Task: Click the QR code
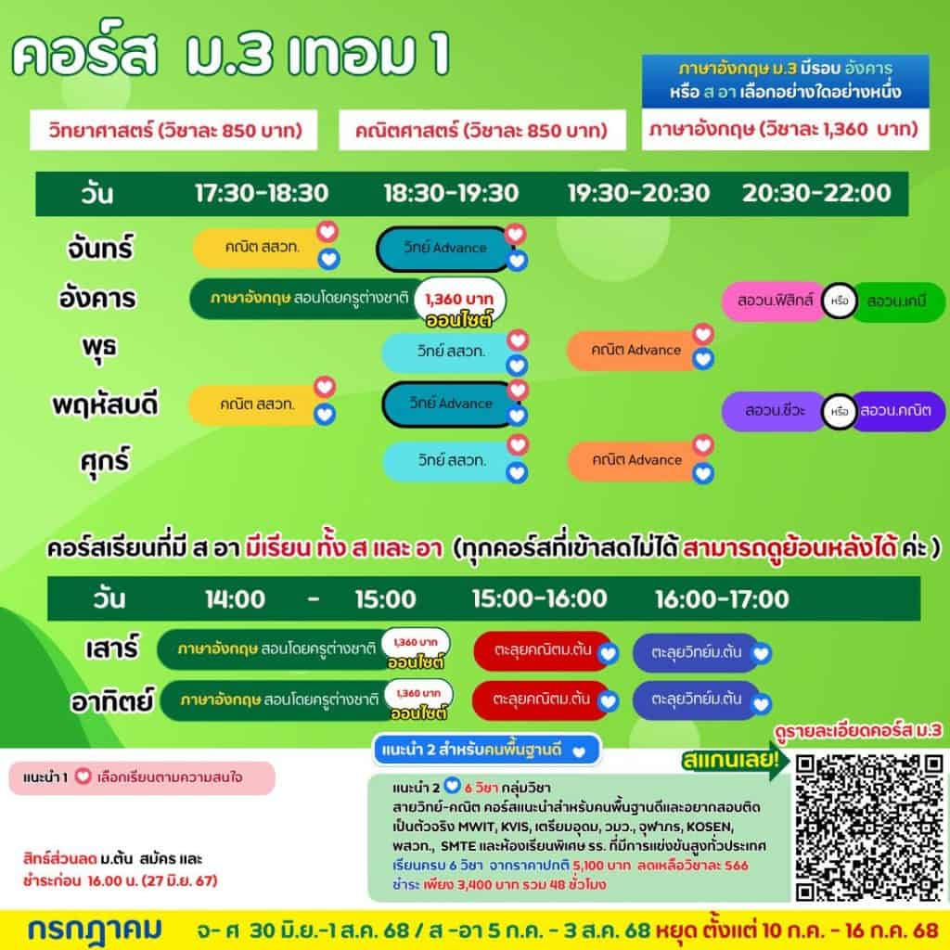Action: tap(868, 827)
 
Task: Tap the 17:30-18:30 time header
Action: tap(262, 193)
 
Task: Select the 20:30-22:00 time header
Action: tap(816, 193)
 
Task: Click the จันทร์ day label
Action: tap(99, 249)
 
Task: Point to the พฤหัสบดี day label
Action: tap(105, 404)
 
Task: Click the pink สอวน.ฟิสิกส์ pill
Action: tap(775, 301)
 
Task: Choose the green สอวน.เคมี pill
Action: tap(897, 302)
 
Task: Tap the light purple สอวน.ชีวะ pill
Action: tap(775, 411)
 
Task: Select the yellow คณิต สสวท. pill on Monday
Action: tap(260, 247)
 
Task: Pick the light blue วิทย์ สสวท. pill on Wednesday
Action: tap(449, 352)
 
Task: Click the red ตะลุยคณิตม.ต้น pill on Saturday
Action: tap(542, 650)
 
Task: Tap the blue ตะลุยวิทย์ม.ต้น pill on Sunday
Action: tap(696, 700)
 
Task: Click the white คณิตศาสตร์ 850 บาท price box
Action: tap(482, 130)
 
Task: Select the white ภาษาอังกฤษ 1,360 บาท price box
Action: tap(785, 129)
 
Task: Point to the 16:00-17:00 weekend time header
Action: tap(722, 599)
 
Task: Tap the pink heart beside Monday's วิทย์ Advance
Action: tap(515, 234)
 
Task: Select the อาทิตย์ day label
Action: tap(112, 701)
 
